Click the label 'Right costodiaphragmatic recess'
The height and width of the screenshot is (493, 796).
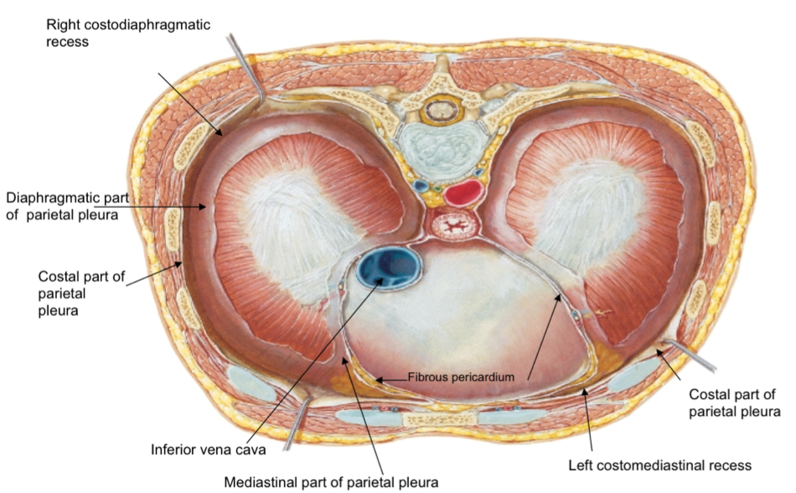(x=138, y=31)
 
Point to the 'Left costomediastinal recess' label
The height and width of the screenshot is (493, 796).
(x=659, y=464)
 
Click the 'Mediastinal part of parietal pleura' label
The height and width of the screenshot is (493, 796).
(x=331, y=482)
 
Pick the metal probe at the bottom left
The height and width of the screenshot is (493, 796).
(x=295, y=426)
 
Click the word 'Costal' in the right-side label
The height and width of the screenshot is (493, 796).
(x=708, y=393)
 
